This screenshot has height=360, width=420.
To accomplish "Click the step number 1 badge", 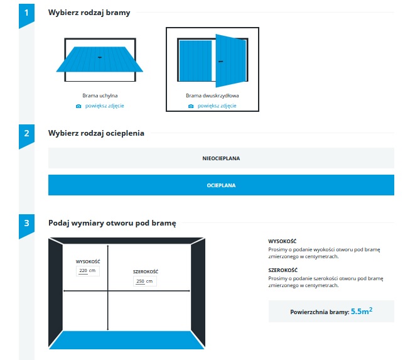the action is point(26,14).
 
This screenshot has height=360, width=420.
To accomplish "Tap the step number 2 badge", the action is point(26,135).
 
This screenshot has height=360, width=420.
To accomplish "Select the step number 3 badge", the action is point(26,225).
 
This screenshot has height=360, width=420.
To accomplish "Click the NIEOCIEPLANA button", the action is point(221,158).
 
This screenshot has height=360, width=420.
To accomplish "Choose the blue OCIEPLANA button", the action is point(221,185).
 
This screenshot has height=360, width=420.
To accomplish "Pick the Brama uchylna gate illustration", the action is point(100,60).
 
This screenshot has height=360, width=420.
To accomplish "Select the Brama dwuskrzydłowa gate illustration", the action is point(213,60).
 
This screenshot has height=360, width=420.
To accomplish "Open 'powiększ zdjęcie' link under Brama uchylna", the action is point(104,106).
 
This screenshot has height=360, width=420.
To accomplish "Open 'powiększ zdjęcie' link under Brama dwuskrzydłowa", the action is point(217,106).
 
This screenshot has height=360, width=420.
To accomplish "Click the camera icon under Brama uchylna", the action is point(78,106).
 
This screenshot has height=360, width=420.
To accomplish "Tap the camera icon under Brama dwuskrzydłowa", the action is point(191,106).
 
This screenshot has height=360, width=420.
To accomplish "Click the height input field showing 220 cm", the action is point(88,271).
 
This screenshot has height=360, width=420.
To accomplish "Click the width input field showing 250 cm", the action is point(145,281).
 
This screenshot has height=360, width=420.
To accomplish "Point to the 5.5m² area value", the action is point(362,311).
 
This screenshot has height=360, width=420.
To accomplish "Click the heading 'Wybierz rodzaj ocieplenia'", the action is point(96,133).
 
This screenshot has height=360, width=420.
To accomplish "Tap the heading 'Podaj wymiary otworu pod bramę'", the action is point(112,223).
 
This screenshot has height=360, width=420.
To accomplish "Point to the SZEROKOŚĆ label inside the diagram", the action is point(146,271).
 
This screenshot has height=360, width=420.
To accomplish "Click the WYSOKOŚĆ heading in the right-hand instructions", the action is point(283,241).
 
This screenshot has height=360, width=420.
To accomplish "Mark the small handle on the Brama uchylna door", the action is point(100,57).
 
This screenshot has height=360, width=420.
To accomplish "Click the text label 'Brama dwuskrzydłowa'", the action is point(212,95).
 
